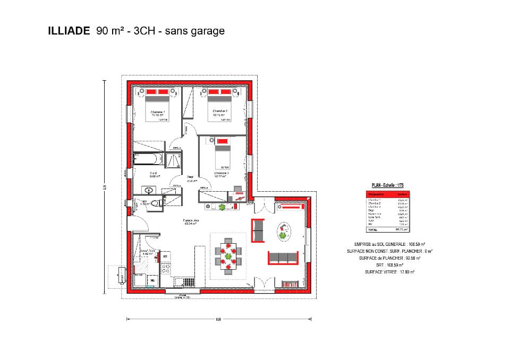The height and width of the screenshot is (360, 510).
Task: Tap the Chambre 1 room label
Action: [158, 112]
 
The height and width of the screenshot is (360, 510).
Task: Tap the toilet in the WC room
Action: [155, 203]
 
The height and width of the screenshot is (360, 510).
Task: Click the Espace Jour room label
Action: [190, 221]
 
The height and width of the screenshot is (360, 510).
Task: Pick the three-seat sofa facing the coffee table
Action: [283, 258]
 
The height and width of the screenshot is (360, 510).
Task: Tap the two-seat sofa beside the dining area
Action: [258, 230]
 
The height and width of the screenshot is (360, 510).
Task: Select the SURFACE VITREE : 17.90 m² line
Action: [389, 272]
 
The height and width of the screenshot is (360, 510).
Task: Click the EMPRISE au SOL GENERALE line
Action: [389, 244]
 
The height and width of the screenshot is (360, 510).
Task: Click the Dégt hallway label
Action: [190, 178]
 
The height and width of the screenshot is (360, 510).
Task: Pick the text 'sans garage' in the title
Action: [194, 31]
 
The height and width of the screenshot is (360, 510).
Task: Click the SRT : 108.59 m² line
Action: [389, 265]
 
